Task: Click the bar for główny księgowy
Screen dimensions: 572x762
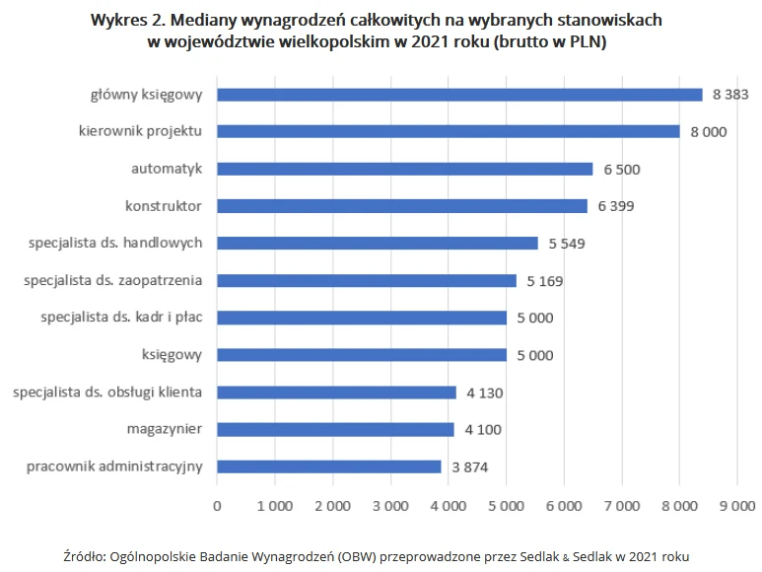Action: pos(459,95)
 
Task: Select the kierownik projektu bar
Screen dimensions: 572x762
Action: pos(449,131)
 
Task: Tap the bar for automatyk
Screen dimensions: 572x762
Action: pos(405,169)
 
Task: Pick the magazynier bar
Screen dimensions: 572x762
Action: pos(335,429)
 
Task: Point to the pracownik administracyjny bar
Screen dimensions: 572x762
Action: pos(329,466)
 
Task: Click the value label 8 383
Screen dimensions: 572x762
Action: pos(730,95)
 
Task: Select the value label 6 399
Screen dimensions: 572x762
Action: pos(617,206)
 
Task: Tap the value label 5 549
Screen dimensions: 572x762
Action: pos(568,244)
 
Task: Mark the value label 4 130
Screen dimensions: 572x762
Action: pos(485,393)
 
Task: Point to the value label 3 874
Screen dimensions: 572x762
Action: pos(470,467)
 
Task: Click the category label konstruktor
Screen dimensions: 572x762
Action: pos(164,206)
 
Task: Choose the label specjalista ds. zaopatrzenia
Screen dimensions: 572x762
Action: pos(113,280)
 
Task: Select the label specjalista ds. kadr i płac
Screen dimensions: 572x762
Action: pos(122,318)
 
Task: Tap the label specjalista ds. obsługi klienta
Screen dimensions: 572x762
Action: pos(107,392)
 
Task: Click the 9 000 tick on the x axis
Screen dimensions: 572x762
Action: pos(736,505)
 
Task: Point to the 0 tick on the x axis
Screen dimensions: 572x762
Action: pos(217,505)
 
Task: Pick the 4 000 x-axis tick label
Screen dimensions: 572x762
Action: pos(448,505)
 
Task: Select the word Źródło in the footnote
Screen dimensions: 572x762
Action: pos(84,556)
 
